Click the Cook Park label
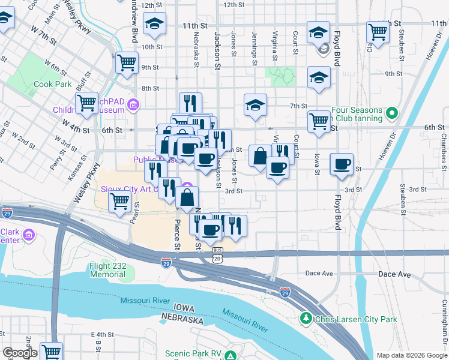point(53,85)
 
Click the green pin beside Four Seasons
point(391,113)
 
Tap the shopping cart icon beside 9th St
point(127,62)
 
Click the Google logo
point(20,353)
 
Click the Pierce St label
point(177,234)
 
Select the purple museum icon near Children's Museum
point(133,109)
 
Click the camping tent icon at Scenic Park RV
point(230,355)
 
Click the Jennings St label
point(255,48)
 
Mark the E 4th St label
point(102,334)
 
